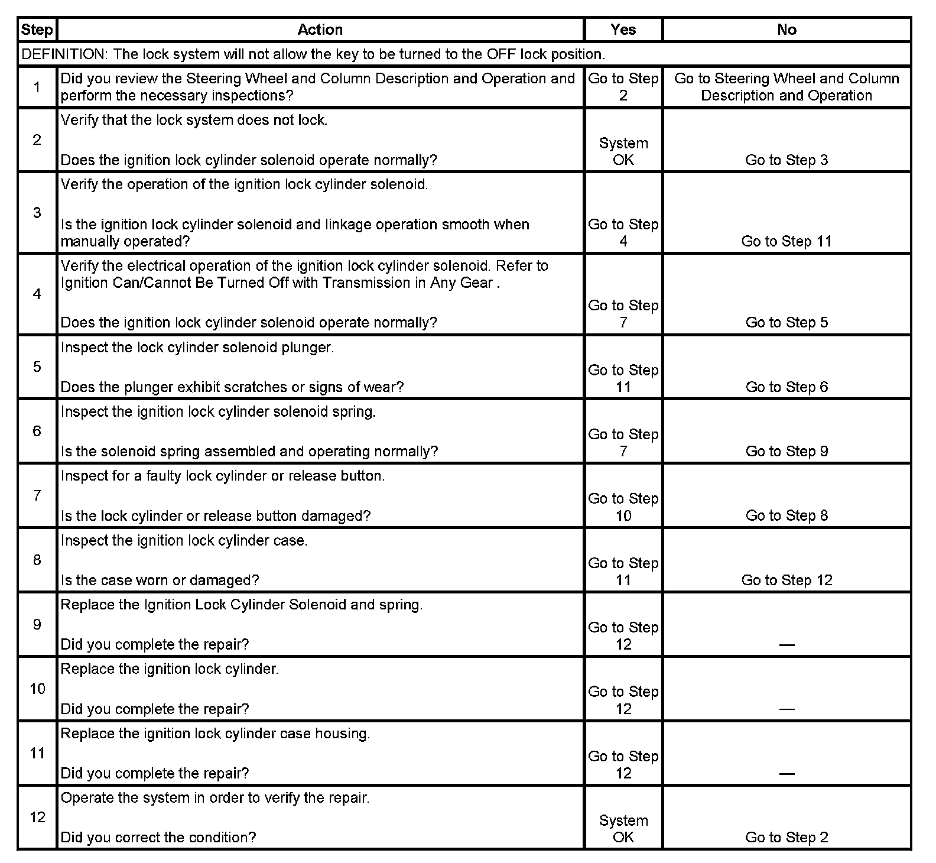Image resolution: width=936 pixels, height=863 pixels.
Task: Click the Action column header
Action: [x=320, y=30]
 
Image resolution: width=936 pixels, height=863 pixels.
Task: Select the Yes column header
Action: [x=623, y=30]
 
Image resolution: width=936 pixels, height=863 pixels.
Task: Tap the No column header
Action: [x=786, y=30]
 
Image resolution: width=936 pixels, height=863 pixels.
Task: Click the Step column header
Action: [x=37, y=30]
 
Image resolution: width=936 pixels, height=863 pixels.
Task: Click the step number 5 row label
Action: [x=37, y=367]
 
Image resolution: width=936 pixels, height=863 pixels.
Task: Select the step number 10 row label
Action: [x=37, y=689]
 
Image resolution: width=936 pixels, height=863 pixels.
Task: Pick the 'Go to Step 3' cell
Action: [x=786, y=160]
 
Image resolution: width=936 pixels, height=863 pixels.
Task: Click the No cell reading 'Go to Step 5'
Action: [x=786, y=323]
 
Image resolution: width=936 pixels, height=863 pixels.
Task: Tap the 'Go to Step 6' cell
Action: [x=786, y=387]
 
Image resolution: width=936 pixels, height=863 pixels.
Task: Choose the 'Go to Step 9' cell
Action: [x=786, y=452]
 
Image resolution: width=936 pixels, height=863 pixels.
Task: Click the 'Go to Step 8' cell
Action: [x=786, y=516]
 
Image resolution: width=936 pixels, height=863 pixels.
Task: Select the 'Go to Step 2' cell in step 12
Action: [x=786, y=838]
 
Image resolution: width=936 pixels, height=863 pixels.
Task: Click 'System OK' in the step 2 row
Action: [x=623, y=151]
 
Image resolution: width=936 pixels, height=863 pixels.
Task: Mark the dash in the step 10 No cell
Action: [x=786, y=709]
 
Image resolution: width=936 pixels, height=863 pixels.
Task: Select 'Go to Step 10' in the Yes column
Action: [x=623, y=507]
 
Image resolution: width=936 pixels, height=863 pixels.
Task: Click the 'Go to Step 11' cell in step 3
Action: [x=786, y=241]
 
